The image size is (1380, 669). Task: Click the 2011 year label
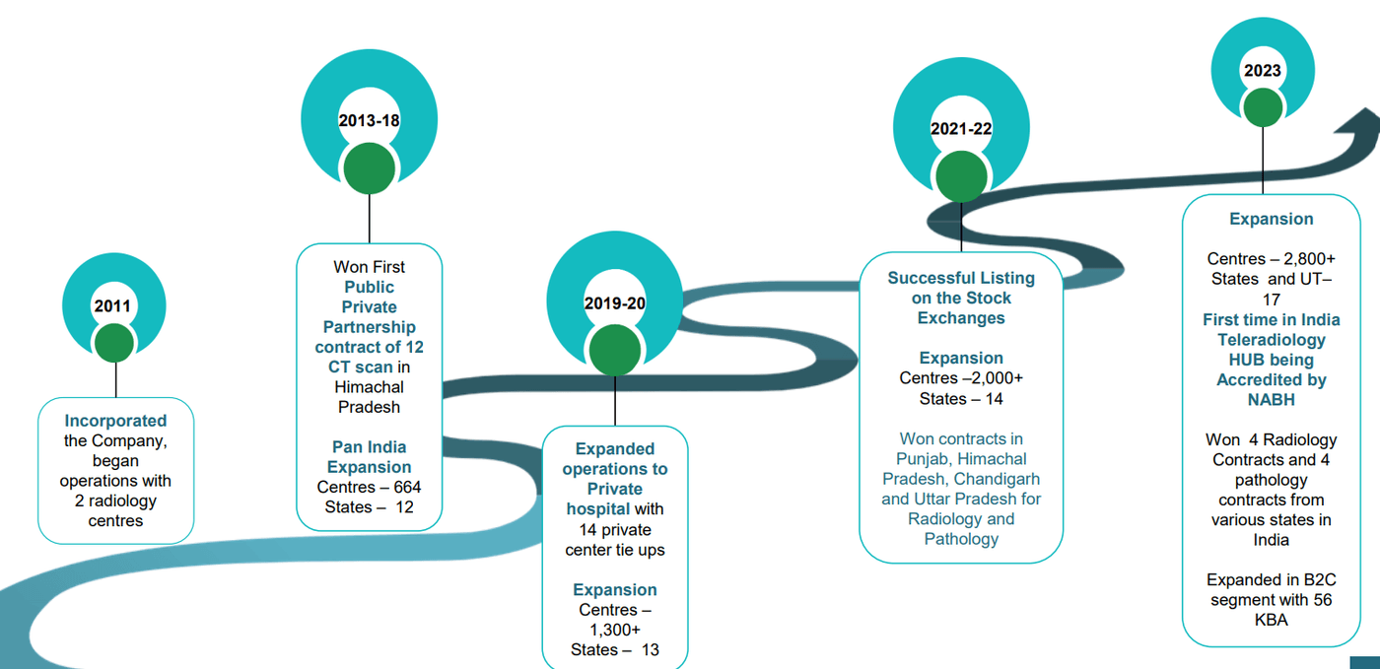pyautogui.click(x=112, y=306)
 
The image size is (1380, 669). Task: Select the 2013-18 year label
pyautogui.click(x=369, y=120)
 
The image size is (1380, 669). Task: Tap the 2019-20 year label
pyautogui.click(x=614, y=302)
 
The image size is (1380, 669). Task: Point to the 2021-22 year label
pyautogui.click(x=960, y=129)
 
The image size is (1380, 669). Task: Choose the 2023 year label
pyautogui.click(x=1262, y=70)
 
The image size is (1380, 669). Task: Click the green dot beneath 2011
pyautogui.click(x=114, y=342)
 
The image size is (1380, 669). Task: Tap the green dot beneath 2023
pyautogui.click(x=1262, y=105)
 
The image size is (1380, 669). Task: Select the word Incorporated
pyautogui.click(x=115, y=421)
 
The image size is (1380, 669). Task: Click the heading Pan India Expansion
pyautogui.click(x=369, y=457)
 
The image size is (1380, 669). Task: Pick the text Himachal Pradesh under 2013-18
pyautogui.click(x=369, y=397)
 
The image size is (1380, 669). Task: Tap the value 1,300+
pyautogui.click(x=614, y=630)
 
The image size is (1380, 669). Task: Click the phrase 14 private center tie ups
pyautogui.click(x=614, y=539)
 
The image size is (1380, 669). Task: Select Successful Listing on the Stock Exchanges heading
pyautogui.click(x=960, y=298)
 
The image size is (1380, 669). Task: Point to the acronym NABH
pyautogui.click(x=1271, y=400)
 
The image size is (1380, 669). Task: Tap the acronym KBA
pyautogui.click(x=1271, y=620)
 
